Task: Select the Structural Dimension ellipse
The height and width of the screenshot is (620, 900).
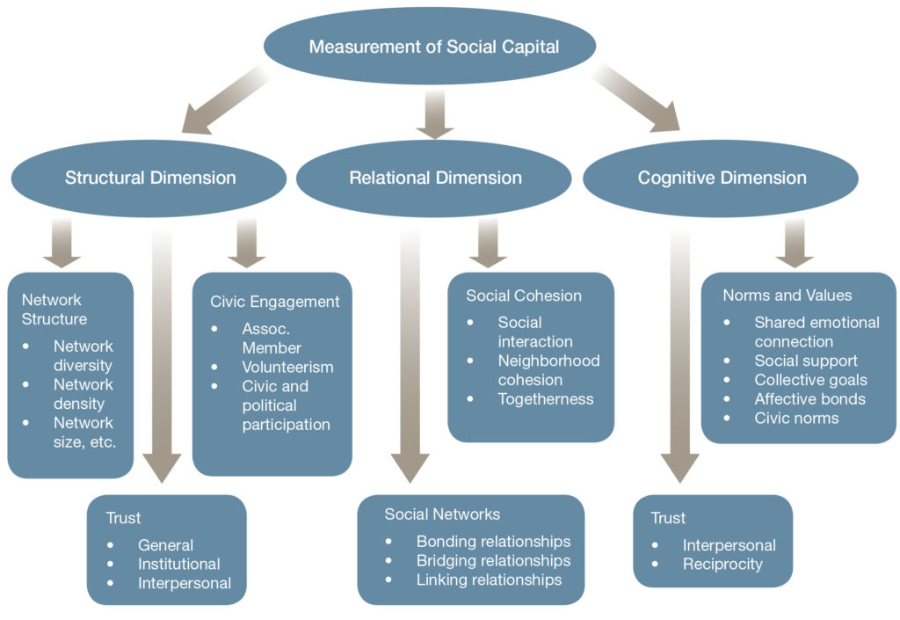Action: (x=150, y=178)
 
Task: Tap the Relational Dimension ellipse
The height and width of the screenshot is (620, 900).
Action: (x=435, y=178)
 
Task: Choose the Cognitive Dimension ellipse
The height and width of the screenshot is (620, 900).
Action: (x=722, y=178)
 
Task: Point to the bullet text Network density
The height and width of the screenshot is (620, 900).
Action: (x=83, y=395)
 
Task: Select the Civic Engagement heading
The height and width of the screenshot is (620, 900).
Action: (x=274, y=302)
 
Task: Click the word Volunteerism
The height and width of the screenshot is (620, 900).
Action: (x=287, y=367)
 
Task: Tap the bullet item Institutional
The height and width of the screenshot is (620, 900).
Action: (x=178, y=564)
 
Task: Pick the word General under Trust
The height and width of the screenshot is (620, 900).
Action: (x=165, y=544)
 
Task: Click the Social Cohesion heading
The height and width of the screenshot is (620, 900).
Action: (x=523, y=295)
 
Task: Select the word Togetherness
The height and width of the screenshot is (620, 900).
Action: (x=545, y=398)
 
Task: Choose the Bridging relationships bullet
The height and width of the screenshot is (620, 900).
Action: (x=493, y=560)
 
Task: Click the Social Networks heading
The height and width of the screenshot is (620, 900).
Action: (x=442, y=514)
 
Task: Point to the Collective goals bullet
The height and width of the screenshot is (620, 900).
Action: (x=810, y=380)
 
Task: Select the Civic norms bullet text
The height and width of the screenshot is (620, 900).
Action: (x=796, y=418)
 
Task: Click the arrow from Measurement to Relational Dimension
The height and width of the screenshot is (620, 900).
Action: (x=434, y=113)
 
